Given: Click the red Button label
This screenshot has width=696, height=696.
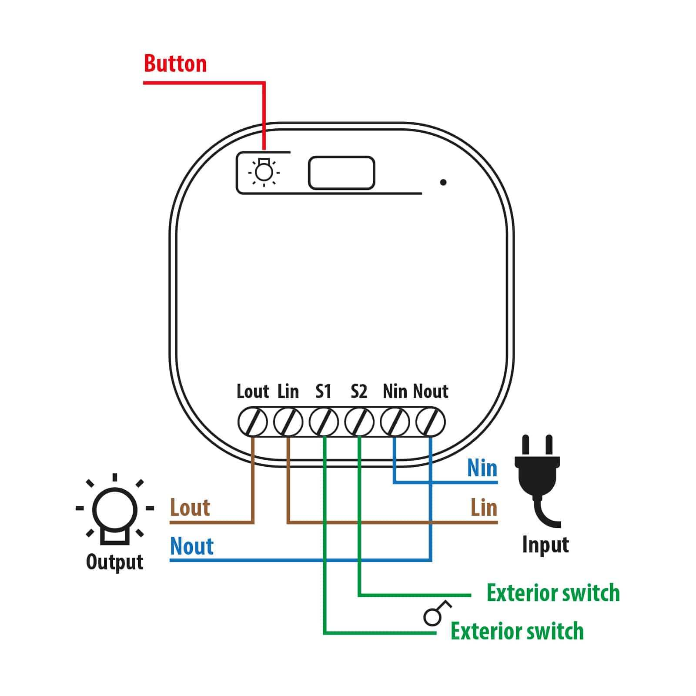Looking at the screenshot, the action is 175,64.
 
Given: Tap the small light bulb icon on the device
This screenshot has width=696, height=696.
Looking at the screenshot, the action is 264,172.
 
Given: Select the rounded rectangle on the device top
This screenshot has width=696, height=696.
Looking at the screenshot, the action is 341,173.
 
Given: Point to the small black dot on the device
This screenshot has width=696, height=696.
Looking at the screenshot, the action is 443,182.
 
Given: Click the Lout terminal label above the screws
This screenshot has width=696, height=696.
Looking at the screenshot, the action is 253,391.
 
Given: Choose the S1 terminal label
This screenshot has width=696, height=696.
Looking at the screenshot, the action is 323,391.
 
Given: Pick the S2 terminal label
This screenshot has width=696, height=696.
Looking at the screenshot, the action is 359,391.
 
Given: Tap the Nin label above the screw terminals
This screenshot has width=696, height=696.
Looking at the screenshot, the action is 395,391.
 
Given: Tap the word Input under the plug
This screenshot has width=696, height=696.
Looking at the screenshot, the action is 545,545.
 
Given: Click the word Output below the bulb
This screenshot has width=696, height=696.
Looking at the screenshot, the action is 115,562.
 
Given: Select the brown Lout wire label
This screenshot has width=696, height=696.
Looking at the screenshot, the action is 190,508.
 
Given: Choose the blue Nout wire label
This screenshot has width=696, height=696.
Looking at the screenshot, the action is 192,546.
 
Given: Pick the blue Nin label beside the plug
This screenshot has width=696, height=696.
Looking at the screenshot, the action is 482,468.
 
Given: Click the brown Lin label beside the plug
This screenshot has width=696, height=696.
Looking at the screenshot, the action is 484,508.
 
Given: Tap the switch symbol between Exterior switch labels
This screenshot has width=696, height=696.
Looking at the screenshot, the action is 437,613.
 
